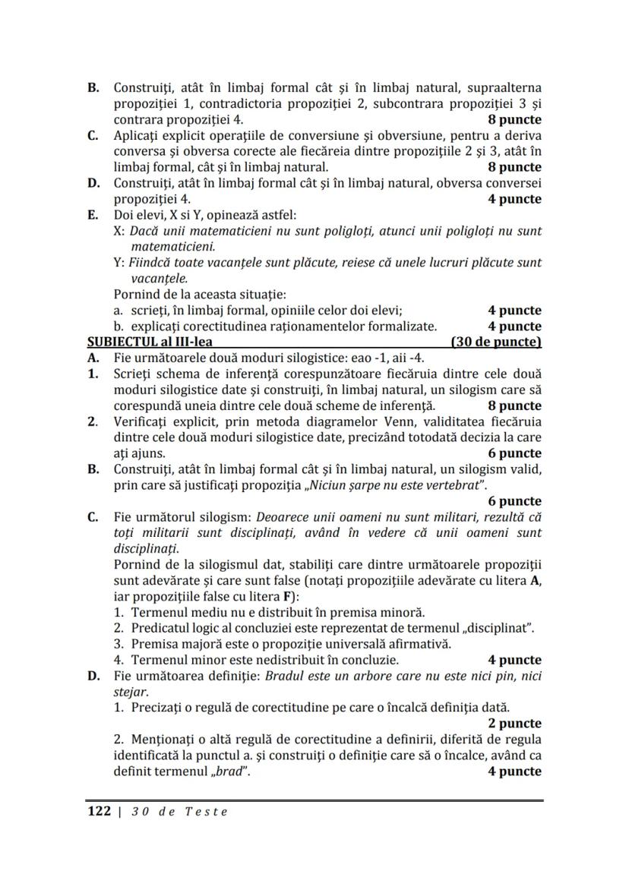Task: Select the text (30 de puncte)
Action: (495, 342)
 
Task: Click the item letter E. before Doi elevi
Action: (94, 215)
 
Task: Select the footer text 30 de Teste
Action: (179, 811)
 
